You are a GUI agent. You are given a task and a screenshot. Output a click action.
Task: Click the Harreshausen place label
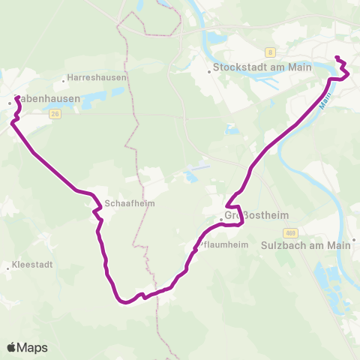(97, 77)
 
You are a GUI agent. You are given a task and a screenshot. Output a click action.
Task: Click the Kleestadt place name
(32, 265)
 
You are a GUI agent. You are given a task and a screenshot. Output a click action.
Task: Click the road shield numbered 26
(55, 114)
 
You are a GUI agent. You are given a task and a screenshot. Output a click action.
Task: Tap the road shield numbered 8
(270, 52)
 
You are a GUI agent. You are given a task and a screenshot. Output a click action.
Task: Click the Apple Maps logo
(28, 347)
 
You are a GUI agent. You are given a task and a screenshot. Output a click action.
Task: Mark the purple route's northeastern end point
(337, 58)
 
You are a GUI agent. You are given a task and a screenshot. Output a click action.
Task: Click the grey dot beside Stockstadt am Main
(209, 73)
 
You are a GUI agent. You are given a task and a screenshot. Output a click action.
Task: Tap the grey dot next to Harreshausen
(63, 77)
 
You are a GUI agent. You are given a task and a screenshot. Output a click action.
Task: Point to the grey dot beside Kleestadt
(7, 265)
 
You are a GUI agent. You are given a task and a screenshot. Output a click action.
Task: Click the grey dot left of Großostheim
(222, 220)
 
